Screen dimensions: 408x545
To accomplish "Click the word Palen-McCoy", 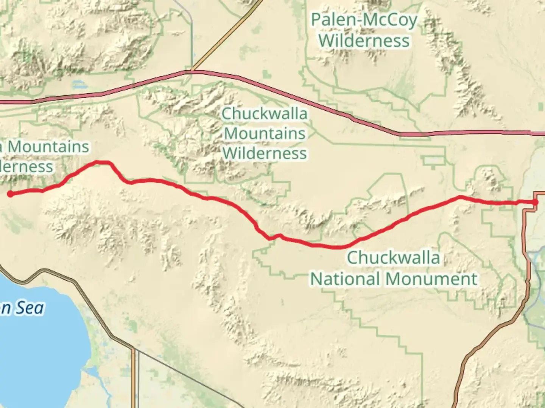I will coord(363,20).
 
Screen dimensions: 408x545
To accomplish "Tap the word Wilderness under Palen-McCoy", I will coord(364,41).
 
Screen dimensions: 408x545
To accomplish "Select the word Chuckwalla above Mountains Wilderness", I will coord(265,113).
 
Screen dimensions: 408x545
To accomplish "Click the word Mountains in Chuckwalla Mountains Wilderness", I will coord(265,133).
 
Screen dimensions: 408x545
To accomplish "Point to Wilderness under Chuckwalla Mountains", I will coord(265,153).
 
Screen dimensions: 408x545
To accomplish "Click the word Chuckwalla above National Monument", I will coord(393,258).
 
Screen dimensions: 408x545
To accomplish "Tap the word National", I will coord(345,279).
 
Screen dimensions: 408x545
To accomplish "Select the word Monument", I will coord(431,279).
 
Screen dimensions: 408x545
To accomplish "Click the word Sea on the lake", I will coord(30,308).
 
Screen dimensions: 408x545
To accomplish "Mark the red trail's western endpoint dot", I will coord(11,194).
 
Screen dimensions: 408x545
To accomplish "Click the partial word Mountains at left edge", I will coord(48,147).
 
